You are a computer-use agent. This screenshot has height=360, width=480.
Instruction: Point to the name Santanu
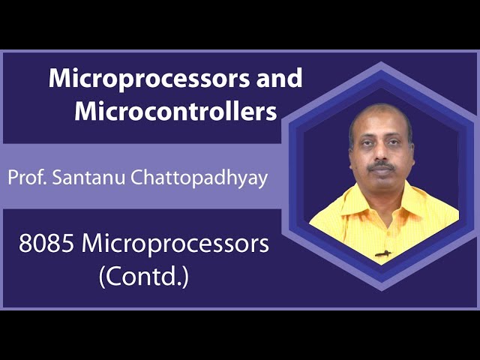tap(81, 178)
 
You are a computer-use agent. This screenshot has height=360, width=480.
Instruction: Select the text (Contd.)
tap(143, 277)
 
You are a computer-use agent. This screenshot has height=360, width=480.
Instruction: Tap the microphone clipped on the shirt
tap(382, 253)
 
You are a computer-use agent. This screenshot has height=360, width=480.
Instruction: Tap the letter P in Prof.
tap(13, 178)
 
